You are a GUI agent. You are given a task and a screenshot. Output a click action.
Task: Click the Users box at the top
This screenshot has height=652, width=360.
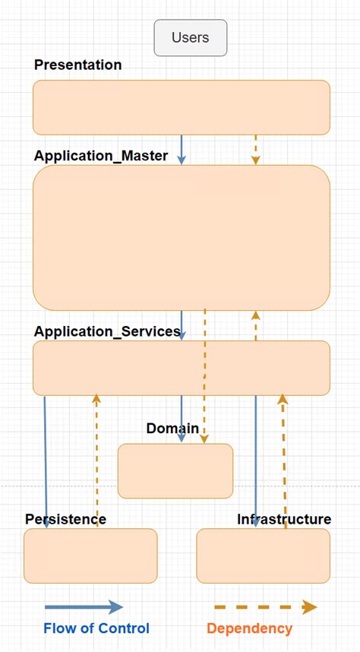pyautogui.click(x=190, y=37)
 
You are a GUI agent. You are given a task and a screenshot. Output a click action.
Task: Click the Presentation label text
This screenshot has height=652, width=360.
pyautogui.click(x=77, y=65)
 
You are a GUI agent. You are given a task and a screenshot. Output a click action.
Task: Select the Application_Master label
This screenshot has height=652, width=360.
pyautogui.click(x=101, y=156)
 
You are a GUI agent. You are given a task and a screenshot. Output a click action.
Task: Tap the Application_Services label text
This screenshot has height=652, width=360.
pyautogui.click(x=107, y=331)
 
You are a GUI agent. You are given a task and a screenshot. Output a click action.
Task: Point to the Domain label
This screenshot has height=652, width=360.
pyautogui.click(x=172, y=429)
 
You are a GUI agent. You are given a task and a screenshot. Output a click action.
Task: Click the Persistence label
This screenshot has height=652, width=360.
pyautogui.click(x=65, y=519)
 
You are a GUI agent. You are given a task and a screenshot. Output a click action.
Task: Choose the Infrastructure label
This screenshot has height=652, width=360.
pyautogui.click(x=284, y=519)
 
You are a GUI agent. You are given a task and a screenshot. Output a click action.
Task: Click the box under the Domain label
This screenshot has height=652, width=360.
pyautogui.click(x=175, y=471)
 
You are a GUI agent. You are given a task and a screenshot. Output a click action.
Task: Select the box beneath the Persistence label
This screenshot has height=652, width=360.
pyautogui.click(x=90, y=555)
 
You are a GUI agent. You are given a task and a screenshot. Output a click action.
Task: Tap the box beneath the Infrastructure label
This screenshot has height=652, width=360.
pyautogui.click(x=263, y=555)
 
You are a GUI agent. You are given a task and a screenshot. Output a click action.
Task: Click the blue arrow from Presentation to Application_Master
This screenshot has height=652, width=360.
pyautogui.click(x=182, y=149)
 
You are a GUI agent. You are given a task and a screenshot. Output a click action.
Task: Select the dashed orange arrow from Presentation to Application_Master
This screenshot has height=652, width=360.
pyautogui.click(x=256, y=149)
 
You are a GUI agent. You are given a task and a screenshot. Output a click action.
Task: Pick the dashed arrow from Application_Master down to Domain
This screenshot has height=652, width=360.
pyautogui.click(x=204, y=376)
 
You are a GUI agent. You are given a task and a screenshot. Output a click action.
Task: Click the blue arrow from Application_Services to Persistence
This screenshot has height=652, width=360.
pyautogui.click(x=46, y=464)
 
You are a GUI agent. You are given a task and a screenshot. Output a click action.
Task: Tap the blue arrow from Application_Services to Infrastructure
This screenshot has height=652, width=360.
pyautogui.click(x=256, y=464)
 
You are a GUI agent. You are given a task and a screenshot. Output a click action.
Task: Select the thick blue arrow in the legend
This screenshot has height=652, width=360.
pyautogui.click(x=84, y=606)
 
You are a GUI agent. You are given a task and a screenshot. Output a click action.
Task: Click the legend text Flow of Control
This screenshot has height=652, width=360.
pyautogui.click(x=96, y=628)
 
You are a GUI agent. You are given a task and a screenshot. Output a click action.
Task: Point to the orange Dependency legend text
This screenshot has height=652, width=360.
pyautogui.click(x=249, y=628)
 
